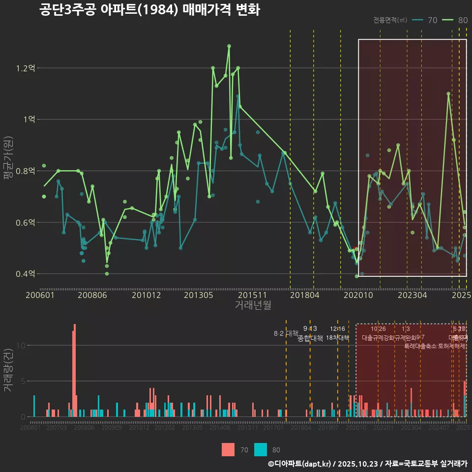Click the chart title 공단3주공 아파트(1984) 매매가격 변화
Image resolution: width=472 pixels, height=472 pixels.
pos(149,10)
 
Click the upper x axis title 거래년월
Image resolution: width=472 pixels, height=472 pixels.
pos(253,305)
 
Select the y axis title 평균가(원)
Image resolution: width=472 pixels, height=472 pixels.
pos(8,171)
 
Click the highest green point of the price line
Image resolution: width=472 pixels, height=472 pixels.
pos(229,46)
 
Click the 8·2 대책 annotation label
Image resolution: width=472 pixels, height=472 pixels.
pos(286,333)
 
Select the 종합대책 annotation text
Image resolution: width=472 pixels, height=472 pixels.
pos(310,338)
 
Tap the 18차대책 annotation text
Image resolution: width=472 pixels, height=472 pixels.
pos(337,338)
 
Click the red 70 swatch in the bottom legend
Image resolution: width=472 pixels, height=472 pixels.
pos(228,449)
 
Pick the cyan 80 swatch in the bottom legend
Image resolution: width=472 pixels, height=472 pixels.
pos(261,449)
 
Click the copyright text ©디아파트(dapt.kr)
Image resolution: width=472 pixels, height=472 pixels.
pos(300,464)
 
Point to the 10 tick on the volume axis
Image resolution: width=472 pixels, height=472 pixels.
pos(20,345)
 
